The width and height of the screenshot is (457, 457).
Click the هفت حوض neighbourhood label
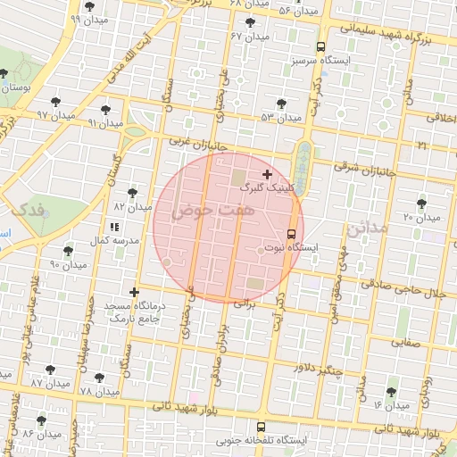204,212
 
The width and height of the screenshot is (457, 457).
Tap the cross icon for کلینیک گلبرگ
267,173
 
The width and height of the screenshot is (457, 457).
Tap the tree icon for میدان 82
133,193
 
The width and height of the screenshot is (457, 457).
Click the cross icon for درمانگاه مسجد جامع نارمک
135,292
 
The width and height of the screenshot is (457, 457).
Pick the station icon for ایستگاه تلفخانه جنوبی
261,427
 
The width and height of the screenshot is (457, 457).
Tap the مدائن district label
369,228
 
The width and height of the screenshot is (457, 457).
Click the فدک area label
23,211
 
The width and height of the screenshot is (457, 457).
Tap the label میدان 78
99,393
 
